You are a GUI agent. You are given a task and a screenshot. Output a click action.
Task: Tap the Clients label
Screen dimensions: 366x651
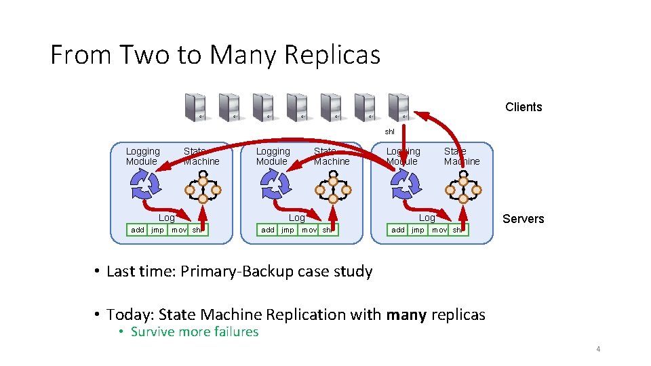[524, 107]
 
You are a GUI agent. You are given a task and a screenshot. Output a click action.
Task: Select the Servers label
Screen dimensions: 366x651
[523, 219]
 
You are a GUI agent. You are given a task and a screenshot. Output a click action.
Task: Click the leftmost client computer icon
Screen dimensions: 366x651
[195, 107]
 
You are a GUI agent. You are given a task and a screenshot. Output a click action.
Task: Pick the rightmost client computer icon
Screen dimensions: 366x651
[399, 107]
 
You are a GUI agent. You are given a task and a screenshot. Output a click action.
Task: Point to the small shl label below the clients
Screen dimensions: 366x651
[390, 131]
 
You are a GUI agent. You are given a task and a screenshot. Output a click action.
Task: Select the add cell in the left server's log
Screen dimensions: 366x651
[138, 230]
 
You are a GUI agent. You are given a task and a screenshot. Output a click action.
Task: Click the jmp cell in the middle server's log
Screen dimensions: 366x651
[288, 230]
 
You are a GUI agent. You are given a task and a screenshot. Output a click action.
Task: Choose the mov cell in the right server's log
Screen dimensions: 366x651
[439, 230]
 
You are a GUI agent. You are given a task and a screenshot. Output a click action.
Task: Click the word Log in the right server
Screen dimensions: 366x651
[427, 218]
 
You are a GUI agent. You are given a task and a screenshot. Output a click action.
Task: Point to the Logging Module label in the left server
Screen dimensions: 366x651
[142, 157]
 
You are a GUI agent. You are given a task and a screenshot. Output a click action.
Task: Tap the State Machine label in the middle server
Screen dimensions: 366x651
[332, 157]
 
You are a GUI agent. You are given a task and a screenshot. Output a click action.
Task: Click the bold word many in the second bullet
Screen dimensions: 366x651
[406, 314]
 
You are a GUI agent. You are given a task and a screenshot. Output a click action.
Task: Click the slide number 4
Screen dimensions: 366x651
[598, 349]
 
